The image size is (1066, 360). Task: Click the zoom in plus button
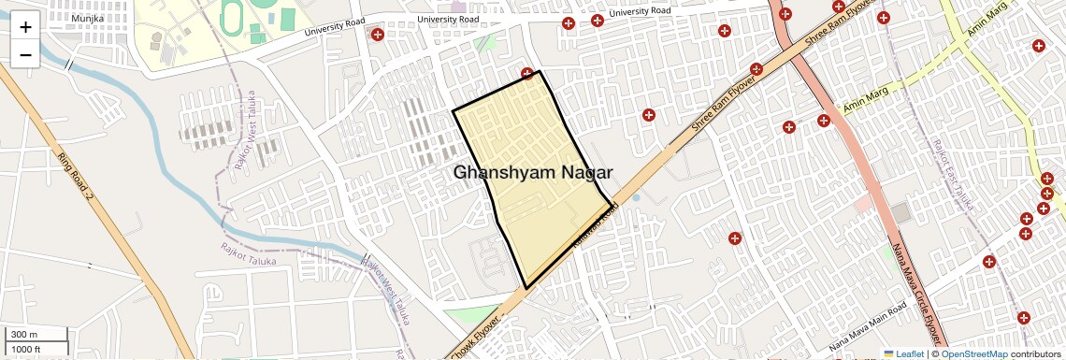pos(25,26)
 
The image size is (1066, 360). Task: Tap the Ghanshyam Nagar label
pos(533,172)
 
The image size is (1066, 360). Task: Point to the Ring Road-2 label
pos(75,177)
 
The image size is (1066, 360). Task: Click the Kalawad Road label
pos(596,227)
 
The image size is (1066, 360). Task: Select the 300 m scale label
pos(23,335)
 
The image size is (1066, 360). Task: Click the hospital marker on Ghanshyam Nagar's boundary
pos(527,74)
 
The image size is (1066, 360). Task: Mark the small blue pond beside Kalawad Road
pos(637,198)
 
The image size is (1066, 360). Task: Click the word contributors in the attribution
pos(1036,353)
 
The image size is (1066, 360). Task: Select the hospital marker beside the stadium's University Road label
pos(378,36)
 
